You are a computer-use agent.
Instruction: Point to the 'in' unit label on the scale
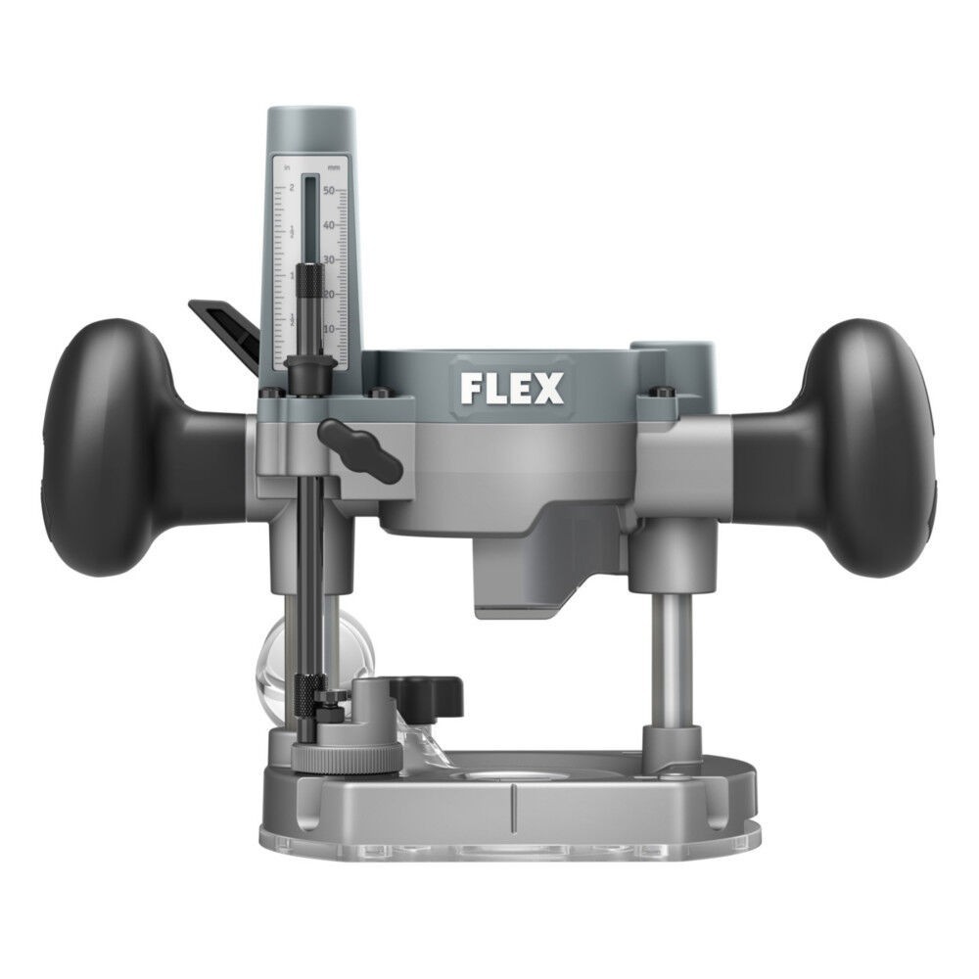click(287, 168)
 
